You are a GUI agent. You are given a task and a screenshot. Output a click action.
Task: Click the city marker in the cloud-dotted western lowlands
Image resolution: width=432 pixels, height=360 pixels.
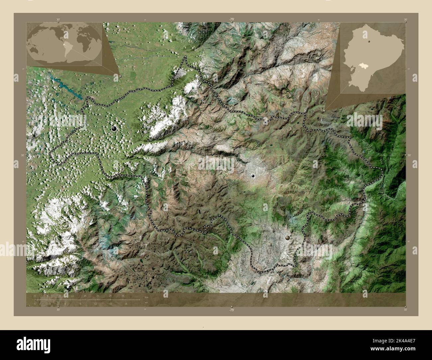(114, 128)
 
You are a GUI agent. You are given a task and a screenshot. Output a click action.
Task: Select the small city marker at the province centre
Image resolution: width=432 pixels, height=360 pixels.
(253, 176)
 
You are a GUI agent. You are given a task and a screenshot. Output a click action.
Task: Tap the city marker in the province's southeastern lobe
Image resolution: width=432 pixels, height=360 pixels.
(287, 237)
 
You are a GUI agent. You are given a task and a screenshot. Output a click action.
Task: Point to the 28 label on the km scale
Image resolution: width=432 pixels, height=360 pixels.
(123, 296)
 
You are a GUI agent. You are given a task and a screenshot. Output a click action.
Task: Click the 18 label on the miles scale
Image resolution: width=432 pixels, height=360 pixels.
(126, 304)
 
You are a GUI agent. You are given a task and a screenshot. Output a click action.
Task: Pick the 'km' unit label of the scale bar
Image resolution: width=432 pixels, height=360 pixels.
(146, 297)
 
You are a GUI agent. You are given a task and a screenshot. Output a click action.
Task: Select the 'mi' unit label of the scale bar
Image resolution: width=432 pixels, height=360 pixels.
(146, 303)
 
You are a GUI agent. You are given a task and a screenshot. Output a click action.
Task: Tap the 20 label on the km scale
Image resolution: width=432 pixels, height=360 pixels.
(98, 296)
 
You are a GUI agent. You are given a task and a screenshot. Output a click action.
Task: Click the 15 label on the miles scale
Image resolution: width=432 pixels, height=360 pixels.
(110, 304)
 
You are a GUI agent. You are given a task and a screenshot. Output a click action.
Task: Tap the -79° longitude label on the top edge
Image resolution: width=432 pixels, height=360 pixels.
(232, 20)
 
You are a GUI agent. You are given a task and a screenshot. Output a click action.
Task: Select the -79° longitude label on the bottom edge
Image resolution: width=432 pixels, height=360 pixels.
(232, 310)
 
